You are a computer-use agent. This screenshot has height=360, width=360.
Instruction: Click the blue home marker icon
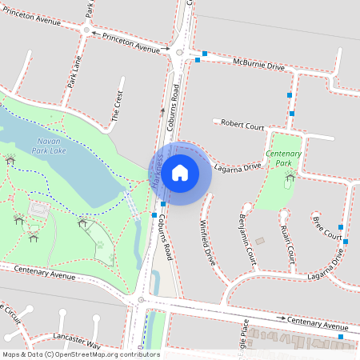[x=180, y=173]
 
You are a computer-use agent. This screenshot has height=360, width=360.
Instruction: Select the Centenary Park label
[x=283, y=158]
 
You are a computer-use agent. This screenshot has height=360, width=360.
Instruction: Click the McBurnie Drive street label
[x=258, y=64]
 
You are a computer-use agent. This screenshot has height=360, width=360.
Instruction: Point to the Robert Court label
[x=242, y=125]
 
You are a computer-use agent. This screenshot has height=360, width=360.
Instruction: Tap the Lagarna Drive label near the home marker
[x=238, y=167]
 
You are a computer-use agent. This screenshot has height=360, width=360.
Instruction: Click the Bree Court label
[x=327, y=227]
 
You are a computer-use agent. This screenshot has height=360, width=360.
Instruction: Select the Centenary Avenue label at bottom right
[x=318, y=322]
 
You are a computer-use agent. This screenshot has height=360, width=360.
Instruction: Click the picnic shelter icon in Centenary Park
[x=288, y=175]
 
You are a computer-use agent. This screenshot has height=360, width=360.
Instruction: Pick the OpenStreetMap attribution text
[x=81, y=354]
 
